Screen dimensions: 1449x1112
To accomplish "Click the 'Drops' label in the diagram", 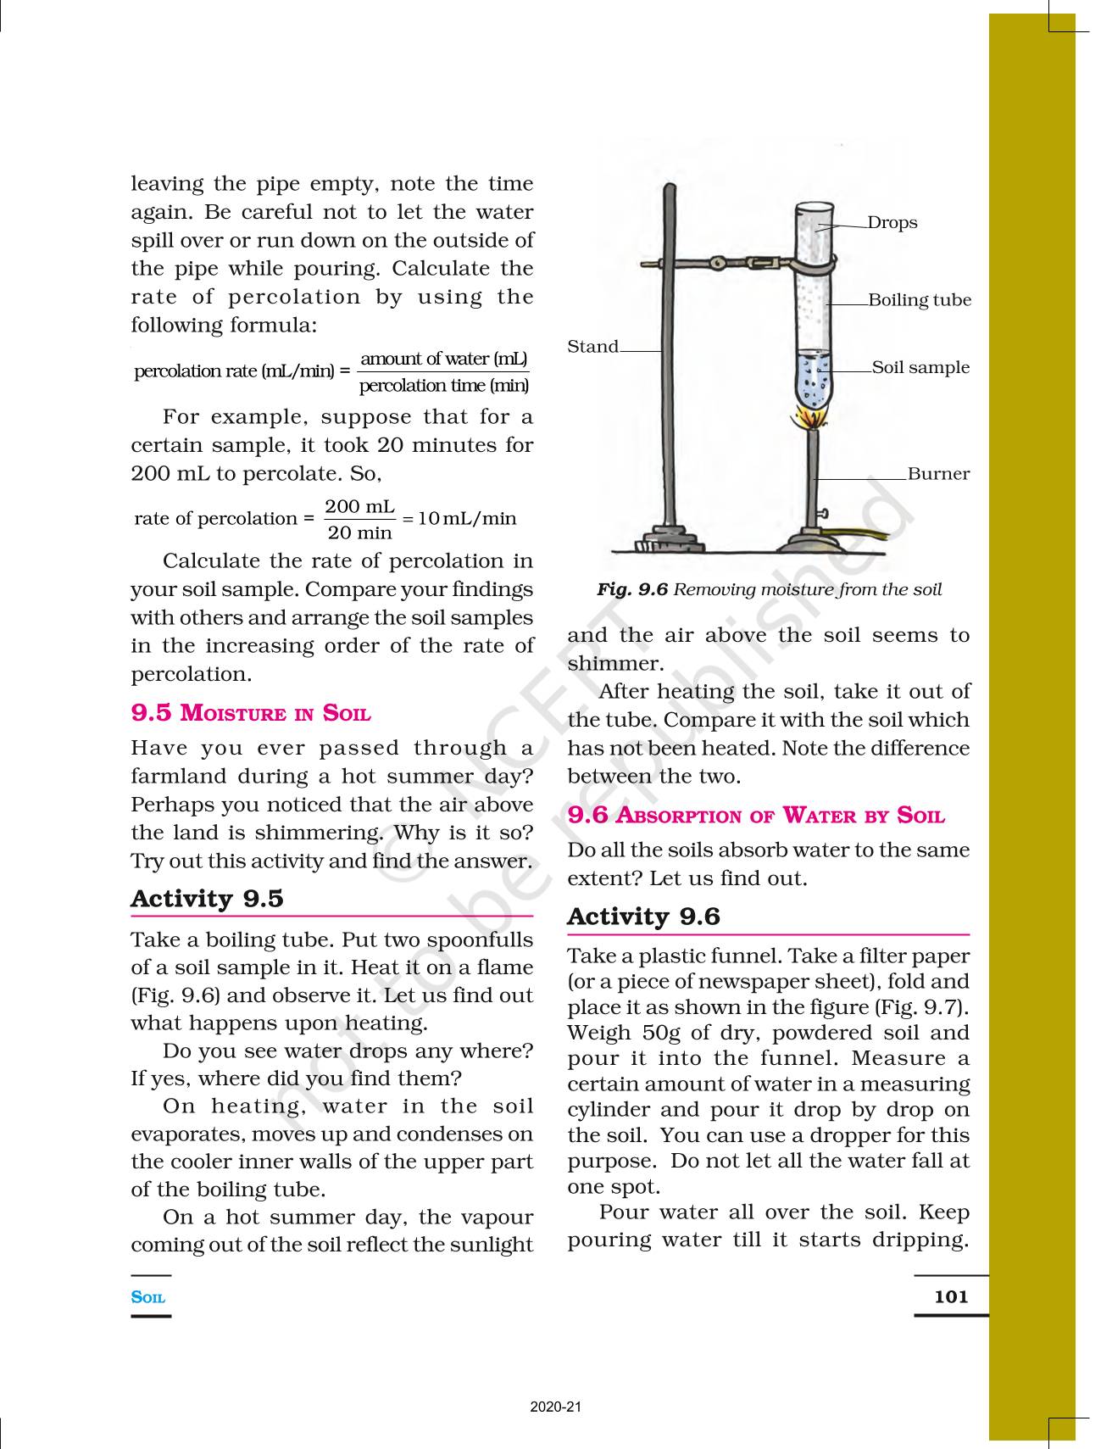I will coord(892,223).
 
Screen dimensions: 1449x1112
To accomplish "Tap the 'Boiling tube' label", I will coord(920,300).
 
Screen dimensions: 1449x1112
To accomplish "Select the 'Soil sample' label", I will coord(920,368).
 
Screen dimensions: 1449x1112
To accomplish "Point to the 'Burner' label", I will coord(938,474).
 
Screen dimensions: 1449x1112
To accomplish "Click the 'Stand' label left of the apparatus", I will coord(592,347).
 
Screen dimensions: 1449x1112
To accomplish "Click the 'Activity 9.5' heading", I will coord(207,899).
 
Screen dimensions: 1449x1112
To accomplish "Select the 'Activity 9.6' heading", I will coord(643,917).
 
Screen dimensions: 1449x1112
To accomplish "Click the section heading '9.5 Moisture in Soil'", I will coord(251,713).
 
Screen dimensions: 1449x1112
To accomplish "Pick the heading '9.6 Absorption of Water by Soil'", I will coord(756,816).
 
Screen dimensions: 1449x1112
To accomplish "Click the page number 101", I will coord(951,1296).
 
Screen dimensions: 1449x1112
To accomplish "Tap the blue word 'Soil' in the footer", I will coord(148,1297).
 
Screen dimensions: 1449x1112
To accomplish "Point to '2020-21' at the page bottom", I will coord(556,1407).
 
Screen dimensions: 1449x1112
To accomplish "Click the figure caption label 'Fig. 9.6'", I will coord(632,590).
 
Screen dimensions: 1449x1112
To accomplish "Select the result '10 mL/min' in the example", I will coord(467,519).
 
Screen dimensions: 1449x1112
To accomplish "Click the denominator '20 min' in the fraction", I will coord(359,533).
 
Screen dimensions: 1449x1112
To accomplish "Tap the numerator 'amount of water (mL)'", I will coord(443,359).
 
